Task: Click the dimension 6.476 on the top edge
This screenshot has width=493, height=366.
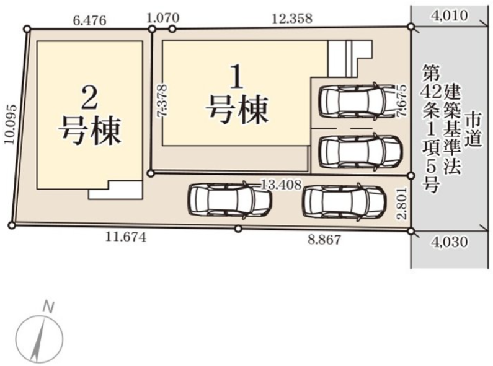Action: click(x=89, y=20)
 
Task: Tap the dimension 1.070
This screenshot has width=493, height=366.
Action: click(x=163, y=17)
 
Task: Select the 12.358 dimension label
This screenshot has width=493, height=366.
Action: click(x=292, y=18)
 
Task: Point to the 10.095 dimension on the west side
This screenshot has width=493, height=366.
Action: click(x=11, y=124)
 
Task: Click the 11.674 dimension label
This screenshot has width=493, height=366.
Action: click(x=126, y=237)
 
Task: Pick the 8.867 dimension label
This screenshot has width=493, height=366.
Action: click(x=325, y=240)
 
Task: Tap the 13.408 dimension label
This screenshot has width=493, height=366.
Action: click(x=282, y=185)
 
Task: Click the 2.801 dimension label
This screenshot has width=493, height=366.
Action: click(x=402, y=203)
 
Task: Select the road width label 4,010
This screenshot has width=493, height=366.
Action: click(x=450, y=15)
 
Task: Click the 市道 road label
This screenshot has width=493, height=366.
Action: click(x=474, y=129)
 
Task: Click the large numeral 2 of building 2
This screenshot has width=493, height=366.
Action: click(x=89, y=97)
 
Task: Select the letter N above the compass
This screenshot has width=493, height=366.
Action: click(x=48, y=307)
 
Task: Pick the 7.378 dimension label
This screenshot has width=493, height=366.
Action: click(x=163, y=100)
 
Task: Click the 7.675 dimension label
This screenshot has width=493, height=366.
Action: click(x=402, y=101)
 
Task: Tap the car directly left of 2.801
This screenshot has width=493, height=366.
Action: click(x=345, y=201)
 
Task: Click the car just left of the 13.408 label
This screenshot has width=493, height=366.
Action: click(x=229, y=200)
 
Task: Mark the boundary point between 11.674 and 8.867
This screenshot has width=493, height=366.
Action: click(x=238, y=229)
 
